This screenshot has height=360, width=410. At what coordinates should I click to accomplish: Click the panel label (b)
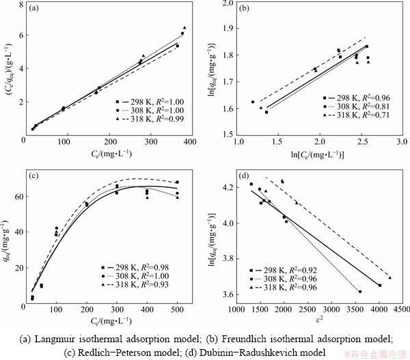point(246,9)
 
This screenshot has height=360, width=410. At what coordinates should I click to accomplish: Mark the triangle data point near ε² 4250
point(390,277)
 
